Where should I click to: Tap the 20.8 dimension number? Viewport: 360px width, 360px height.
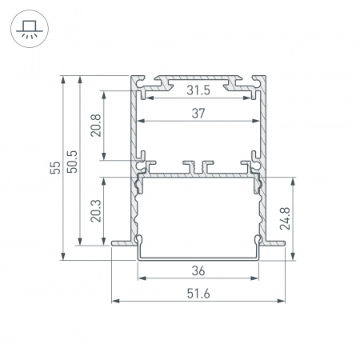(x=95, y=126)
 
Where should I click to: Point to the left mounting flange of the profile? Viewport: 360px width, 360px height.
(x=120, y=238)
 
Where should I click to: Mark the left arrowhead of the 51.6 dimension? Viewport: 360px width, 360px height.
(x=114, y=302)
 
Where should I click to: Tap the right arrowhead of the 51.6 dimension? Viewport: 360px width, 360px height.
(x=284, y=302)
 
